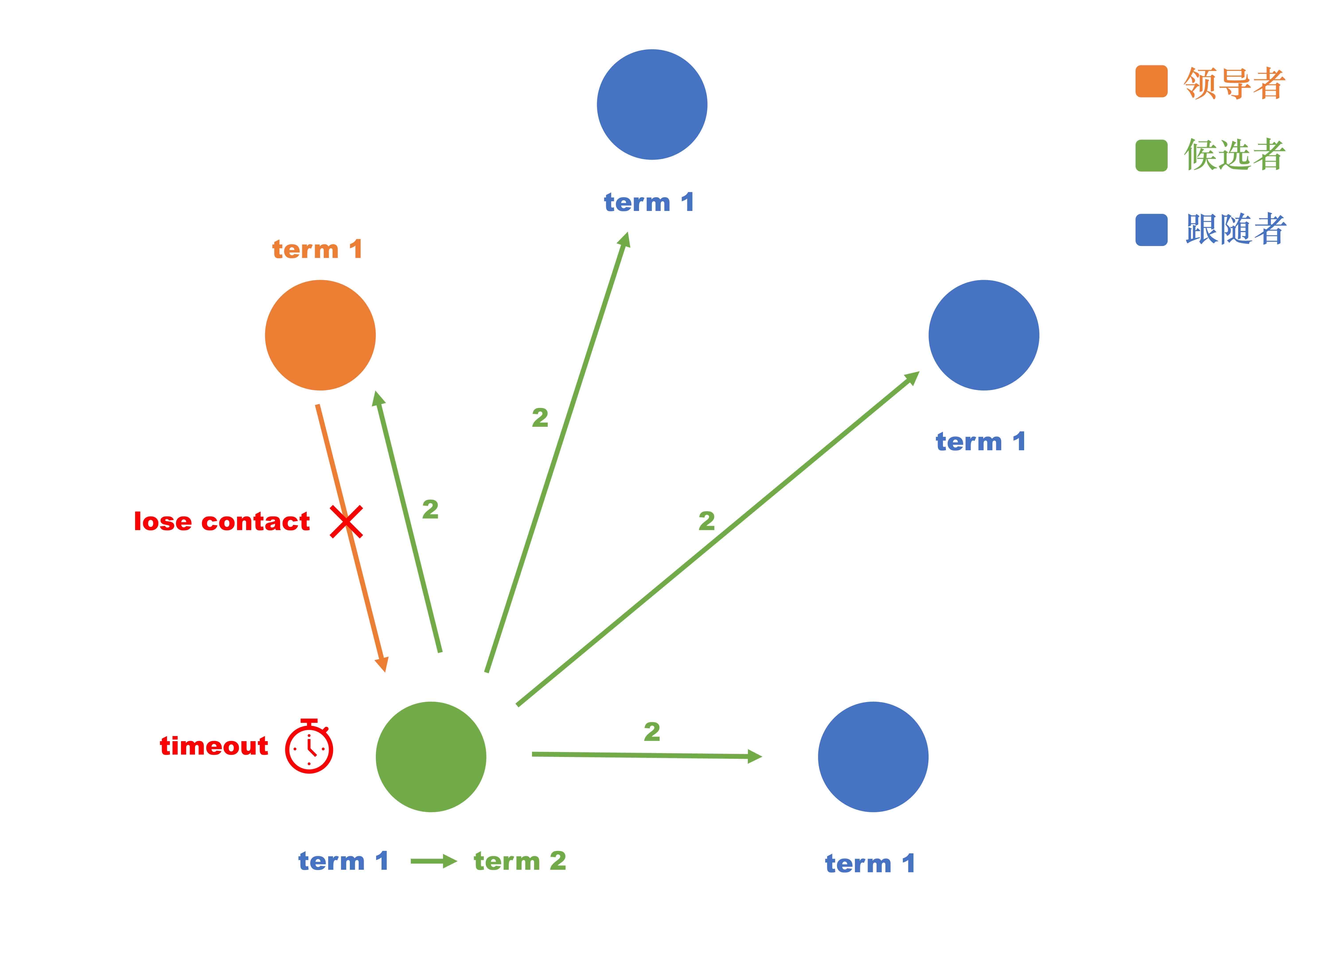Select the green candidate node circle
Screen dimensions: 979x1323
point(431,757)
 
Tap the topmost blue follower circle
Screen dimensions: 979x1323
point(652,104)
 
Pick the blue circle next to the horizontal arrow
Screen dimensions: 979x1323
point(873,757)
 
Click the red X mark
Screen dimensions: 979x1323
point(346,521)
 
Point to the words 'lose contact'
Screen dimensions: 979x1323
point(222,521)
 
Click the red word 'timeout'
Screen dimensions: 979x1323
point(214,745)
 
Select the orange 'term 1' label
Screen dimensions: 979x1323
point(317,250)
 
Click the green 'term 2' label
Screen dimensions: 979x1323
point(520,861)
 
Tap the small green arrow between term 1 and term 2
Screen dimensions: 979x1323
point(433,861)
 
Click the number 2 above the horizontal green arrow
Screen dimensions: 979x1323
point(652,732)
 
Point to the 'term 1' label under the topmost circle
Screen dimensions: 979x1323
point(649,203)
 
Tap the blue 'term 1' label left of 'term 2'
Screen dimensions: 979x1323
point(343,861)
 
